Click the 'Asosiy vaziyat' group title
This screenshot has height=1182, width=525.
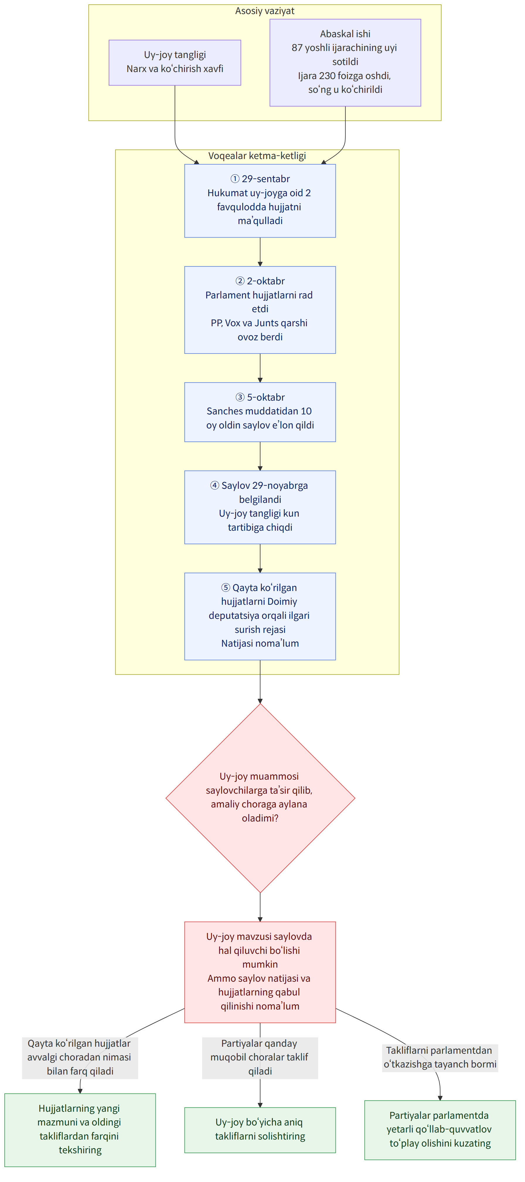pyautogui.click(x=265, y=11)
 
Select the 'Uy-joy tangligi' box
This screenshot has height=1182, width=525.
pyautogui.click(x=175, y=62)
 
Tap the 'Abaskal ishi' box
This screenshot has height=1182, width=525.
pyautogui.click(x=345, y=62)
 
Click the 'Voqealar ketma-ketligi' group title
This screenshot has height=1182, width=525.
pyautogui.click(x=257, y=156)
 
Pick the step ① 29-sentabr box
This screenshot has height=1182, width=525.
pyautogui.click(x=260, y=201)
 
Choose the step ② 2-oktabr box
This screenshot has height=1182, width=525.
pyautogui.click(x=260, y=310)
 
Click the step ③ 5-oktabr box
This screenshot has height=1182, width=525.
pyautogui.click(x=260, y=412)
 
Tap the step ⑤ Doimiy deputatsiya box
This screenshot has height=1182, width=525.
pyautogui.click(x=260, y=616)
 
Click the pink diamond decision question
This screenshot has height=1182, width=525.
pyautogui.click(x=260, y=798)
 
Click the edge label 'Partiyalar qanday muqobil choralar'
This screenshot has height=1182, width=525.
pyautogui.click(x=260, y=1057)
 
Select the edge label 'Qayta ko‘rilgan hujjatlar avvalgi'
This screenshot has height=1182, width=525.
pyautogui.click(x=80, y=1057)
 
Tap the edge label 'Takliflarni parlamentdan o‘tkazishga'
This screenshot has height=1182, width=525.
pyautogui.click(x=440, y=1058)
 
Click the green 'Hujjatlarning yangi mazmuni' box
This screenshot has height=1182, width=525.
pyautogui.click(x=80, y=1129)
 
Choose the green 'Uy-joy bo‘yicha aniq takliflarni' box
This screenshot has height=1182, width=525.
pyautogui.click(x=260, y=1130)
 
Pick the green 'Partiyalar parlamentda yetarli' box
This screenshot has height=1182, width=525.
pyautogui.click(x=440, y=1130)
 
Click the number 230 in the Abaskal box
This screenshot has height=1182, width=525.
pyautogui.click(x=327, y=76)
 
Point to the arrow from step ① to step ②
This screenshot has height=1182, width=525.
pyautogui.click(x=260, y=252)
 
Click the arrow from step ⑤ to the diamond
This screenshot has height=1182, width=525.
pyautogui.click(x=260, y=682)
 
